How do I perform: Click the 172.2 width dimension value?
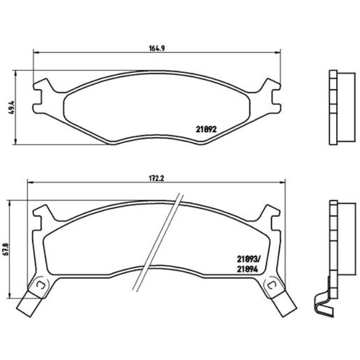pos(158,178)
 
